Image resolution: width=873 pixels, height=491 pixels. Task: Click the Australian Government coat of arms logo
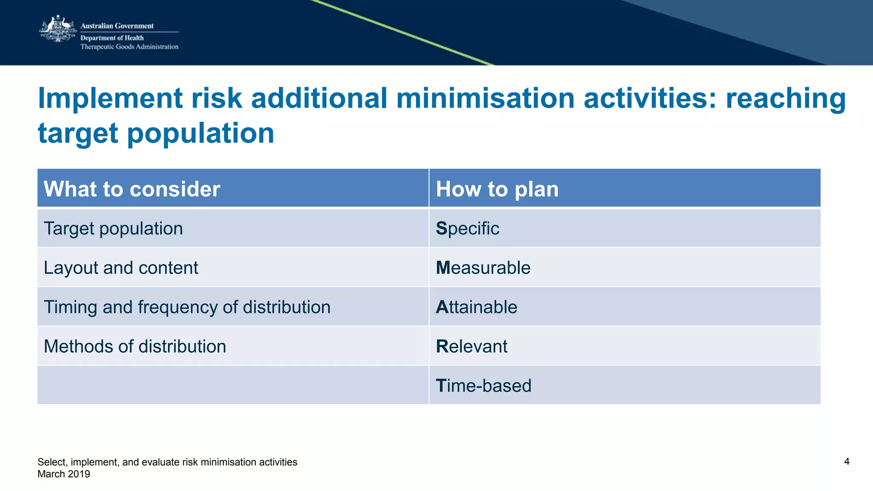point(58,29)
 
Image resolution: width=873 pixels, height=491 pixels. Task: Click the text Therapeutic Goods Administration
point(129,47)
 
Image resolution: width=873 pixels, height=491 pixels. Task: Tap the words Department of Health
point(112,38)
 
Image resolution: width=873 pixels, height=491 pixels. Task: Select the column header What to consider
point(132,189)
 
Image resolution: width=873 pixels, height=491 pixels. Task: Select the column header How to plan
point(497,189)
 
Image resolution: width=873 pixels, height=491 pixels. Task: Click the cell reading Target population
point(113,229)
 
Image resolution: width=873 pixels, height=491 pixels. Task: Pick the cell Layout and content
point(121,268)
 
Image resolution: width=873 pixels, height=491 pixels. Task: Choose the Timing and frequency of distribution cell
point(187,307)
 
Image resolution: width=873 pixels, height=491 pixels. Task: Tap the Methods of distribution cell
point(135,346)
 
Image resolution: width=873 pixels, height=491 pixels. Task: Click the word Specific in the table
point(468,229)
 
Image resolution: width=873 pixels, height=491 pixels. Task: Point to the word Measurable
point(483,268)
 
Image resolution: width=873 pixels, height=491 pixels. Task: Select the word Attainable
point(476,307)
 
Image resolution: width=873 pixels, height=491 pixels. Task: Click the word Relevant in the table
point(471,346)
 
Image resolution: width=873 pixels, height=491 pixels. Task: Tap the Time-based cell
point(483,386)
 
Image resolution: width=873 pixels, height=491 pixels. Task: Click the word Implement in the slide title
point(110,98)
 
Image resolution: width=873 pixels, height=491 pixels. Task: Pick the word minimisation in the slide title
point(485,98)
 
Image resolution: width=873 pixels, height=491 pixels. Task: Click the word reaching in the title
point(786,98)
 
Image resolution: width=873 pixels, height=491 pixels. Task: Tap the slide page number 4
point(847,462)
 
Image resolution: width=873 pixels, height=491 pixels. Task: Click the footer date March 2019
point(64,474)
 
